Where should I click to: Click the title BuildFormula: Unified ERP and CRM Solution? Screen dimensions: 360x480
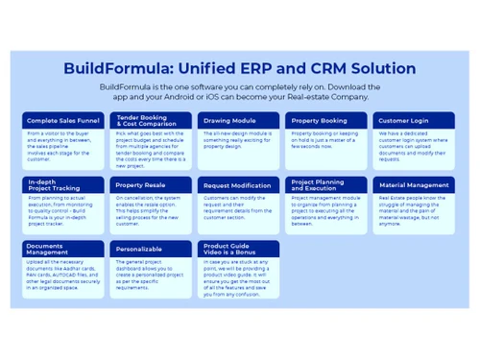pos(239,69)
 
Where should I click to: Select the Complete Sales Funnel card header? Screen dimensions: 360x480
pos(62,121)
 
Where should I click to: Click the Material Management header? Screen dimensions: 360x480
pos(414,184)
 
